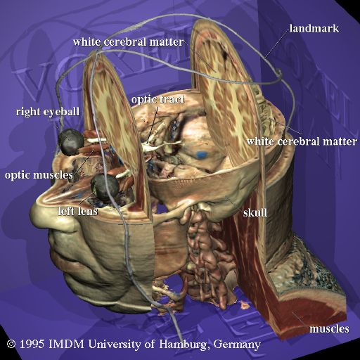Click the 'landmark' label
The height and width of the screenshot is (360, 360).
coord(314,28)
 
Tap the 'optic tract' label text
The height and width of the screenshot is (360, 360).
coord(158,100)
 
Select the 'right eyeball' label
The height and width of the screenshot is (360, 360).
coord(48,112)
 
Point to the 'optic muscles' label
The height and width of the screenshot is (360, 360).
coord(39,175)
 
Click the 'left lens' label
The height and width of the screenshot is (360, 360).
coord(78,211)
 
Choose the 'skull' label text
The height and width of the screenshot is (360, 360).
coord(255,212)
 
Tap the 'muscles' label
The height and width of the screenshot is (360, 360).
coord(329,328)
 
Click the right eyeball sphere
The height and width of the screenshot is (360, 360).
coord(71,142)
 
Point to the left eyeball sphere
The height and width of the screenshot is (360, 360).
coord(105,188)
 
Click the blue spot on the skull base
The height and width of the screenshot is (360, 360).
coord(202,154)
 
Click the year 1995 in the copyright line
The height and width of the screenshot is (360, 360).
coord(32,345)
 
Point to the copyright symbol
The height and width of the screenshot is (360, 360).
coord(11,345)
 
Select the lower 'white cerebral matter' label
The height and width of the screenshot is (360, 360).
coord(302,141)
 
